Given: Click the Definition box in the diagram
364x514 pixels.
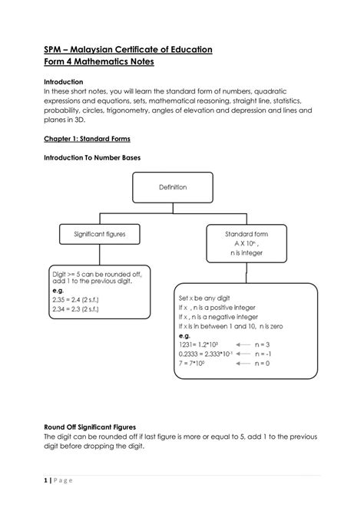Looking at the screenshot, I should [172, 186].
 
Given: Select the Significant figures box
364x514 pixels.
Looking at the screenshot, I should [100, 232].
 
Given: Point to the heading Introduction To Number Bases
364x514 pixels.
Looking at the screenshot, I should [91, 157].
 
